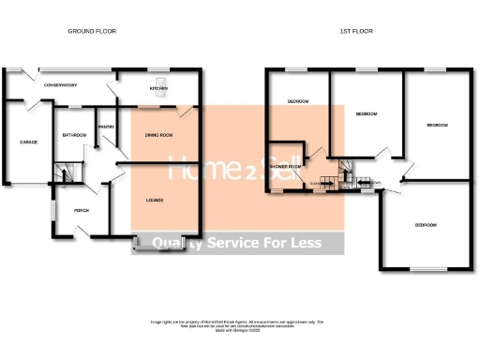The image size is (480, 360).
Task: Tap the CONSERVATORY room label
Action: [58, 85]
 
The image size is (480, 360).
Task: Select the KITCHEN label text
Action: [157, 90]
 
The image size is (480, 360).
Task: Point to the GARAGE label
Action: [29, 142]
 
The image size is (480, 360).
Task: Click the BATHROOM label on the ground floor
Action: [75, 135]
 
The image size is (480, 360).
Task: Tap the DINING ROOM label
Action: [157, 136]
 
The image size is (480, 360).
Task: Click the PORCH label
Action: [81, 210]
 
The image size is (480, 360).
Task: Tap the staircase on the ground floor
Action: [62, 172]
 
